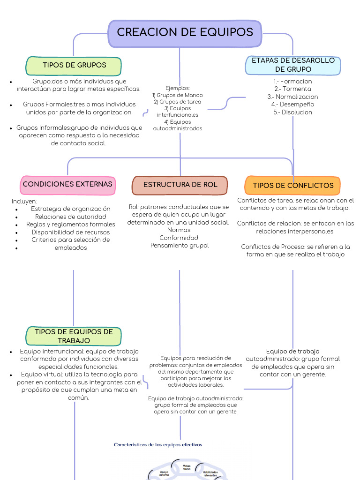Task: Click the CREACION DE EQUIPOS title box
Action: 185,33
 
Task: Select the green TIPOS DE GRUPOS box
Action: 74,66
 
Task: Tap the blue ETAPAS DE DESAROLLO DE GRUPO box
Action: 293,65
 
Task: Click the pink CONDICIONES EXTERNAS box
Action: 67,184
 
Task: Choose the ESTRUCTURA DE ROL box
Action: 180,185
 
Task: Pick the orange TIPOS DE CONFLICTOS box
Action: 293,186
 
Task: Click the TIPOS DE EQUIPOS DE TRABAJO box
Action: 74,336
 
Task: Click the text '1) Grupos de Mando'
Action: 178,95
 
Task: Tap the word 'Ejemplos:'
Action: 178,88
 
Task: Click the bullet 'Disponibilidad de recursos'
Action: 71,232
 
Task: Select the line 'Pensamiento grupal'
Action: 180,246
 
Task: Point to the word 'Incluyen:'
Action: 24,201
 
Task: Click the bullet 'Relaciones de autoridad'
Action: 71,217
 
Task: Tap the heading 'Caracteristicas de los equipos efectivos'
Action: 158,444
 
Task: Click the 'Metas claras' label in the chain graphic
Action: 186,467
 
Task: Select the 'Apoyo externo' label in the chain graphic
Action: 164,473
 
